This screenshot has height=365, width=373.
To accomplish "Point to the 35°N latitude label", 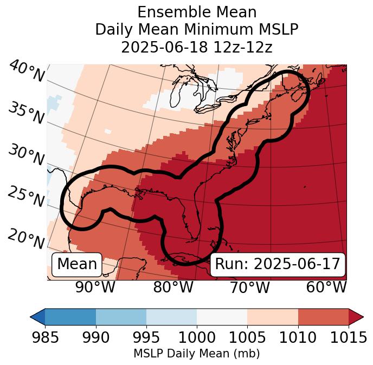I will point(25,113).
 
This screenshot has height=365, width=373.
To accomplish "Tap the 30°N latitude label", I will point(25,155).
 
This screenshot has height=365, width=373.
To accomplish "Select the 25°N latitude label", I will point(25,197).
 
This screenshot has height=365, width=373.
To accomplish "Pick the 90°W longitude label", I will point(95,288).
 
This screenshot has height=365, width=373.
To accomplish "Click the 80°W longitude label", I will point(173,288).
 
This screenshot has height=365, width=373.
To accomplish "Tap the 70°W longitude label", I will point(249,288).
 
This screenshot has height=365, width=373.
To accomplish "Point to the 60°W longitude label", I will point(326,288).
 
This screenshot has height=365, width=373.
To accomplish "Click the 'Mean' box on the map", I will point(77,264).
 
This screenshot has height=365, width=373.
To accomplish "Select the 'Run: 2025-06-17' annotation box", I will point(278,264).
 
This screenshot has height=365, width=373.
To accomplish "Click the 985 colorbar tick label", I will point(45,337).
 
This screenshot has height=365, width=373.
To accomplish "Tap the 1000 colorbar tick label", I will point(197,337).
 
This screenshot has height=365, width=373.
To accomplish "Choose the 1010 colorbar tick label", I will point(298,337).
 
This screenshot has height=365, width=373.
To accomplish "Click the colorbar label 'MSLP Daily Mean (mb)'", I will point(196,354).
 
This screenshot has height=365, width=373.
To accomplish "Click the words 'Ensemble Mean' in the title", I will point(196,12).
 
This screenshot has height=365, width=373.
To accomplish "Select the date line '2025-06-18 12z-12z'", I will point(196,47).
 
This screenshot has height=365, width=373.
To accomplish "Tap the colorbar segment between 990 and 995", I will point(121,317).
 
